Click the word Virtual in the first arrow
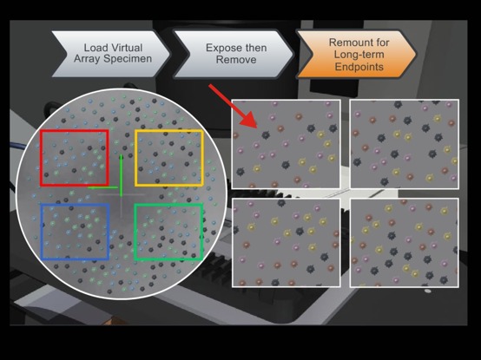coord(126,48)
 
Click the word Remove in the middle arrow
coord(236,59)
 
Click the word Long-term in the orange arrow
coord(359,55)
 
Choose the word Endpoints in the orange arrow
coord(359,67)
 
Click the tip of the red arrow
coord(257,128)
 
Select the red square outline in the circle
coord(41,158)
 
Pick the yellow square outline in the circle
coord(135,158)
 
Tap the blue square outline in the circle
coord(42,232)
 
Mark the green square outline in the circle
coord(135,232)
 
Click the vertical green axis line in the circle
coord(122,175)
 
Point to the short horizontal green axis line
coord(102,187)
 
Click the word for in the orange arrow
coord(382,43)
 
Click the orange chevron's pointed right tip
coord(415,55)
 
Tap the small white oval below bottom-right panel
coord(428,291)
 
